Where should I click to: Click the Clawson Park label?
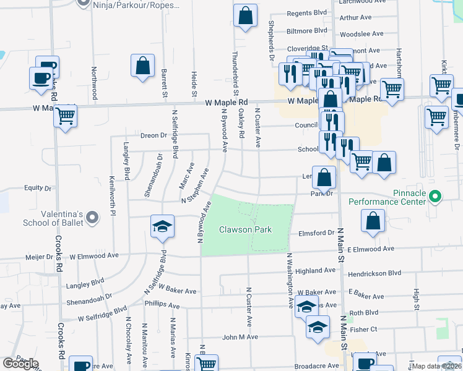pos(254,230)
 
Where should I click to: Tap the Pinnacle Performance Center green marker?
pos(435,197)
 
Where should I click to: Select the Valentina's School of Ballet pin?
pos(92,217)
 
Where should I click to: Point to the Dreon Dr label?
pos(154,135)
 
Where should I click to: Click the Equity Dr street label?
pos(37,188)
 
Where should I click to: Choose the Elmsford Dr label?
pos(316,233)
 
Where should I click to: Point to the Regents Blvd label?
pos(306,12)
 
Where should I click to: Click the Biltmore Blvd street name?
pos(306,30)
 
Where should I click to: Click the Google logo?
pos(20,363)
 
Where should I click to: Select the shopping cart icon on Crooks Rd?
pos(66,116)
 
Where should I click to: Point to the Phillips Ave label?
pos(162,304)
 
